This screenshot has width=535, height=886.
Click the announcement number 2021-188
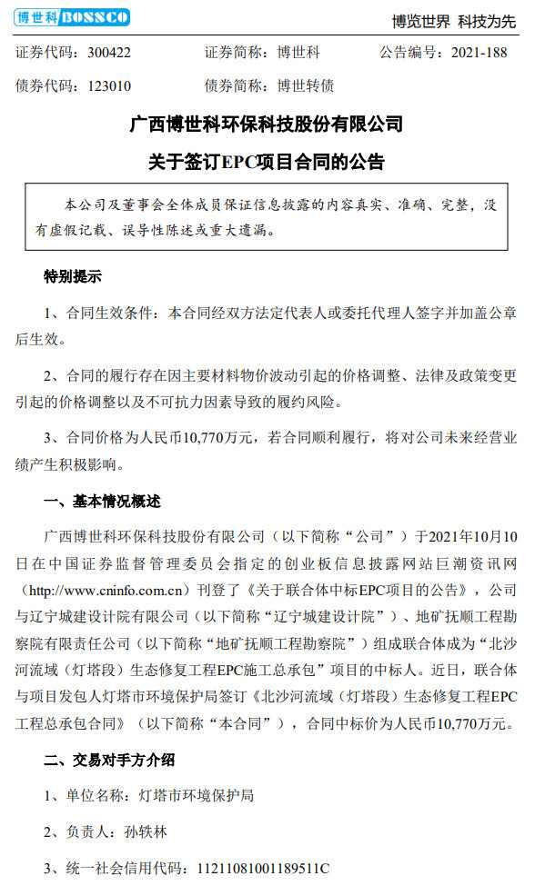click(479, 53)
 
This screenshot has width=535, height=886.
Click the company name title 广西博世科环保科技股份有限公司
click(267, 124)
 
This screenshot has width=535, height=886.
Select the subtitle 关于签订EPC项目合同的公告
click(267, 163)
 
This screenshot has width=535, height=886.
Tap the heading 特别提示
click(73, 276)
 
